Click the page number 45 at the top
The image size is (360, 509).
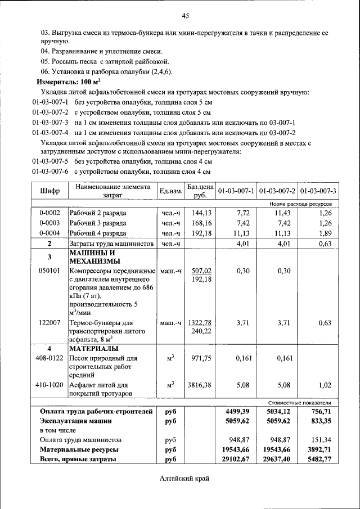pyautogui.click(x=185, y=15)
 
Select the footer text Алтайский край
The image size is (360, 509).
pyautogui.click(x=184, y=479)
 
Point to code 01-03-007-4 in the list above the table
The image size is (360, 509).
pyautogui.click(x=50, y=132)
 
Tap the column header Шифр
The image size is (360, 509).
pyautogui.click(x=49, y=191)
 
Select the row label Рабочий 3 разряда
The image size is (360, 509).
pyautogui.click(x=98, y=223)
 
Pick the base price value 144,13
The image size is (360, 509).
pyautogui.click(x=201, y=213)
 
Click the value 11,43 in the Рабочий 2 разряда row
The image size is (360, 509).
pyautogui.click(x=278, y=213)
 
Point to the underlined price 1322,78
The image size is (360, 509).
pyautogui.click(x=200, y=322)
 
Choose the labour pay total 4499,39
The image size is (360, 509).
pyautogui.click(x=237, y=412)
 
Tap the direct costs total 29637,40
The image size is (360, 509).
pyautogui.click(x=278, y=459)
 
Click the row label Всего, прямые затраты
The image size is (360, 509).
pyautogui.click(x=78, y=459)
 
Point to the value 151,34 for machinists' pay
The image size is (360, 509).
pyautogui.click(x=319, y=440)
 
